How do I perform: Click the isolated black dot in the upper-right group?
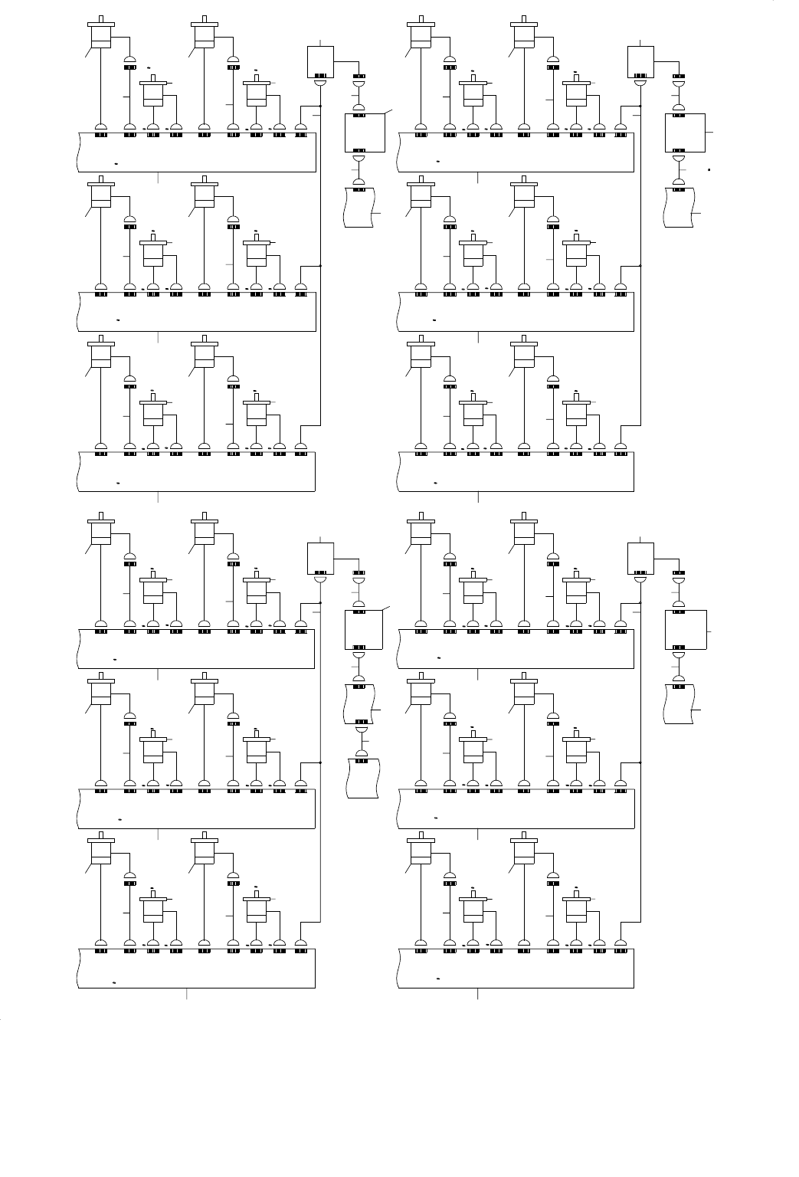(x=709, y=168)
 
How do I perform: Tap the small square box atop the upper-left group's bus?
(x=320, y=61)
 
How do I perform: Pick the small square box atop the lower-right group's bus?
(x=640, y=558)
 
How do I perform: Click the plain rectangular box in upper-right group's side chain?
(x=684, y=133)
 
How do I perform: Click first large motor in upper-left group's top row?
(x=101, y=35)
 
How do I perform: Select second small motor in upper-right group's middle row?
(x=575, y=251)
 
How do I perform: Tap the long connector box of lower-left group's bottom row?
(x=197, y=967)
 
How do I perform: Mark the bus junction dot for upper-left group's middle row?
(x=320, y=266)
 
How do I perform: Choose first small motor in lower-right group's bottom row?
(x=473, y=908)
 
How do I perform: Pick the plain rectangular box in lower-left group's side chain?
(x=364, y=630)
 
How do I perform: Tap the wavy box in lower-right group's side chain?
(x=679, y=703)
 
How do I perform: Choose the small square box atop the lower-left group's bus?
(x=320, y=558)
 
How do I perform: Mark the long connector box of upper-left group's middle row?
(x=197, y=311)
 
